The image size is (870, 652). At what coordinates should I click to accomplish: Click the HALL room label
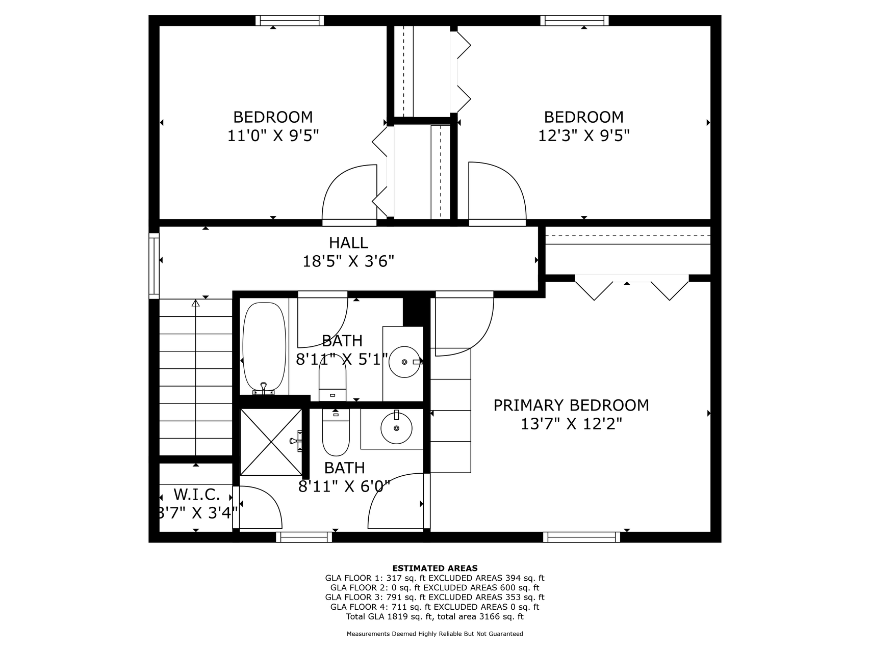(x=348, y=242)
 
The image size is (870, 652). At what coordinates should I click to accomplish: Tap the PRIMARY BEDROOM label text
(x=571, y=405)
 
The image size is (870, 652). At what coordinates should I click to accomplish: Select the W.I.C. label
(x=197, y=494)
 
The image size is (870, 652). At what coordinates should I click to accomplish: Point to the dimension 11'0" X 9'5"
(x=273, y=136)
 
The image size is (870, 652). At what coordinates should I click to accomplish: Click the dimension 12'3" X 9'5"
(x=584, y=136)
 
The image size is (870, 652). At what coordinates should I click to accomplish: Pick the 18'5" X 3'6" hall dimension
(x=348, y=262)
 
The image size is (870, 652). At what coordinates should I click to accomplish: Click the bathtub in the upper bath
(x=264, y=348)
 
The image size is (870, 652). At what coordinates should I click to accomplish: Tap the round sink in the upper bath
(x=405, y=362)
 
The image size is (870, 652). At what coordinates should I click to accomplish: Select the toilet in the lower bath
(x=336, y=433)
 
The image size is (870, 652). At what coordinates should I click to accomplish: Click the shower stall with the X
(x=271, y=442)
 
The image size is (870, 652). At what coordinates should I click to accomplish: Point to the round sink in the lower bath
(x=396, y=428)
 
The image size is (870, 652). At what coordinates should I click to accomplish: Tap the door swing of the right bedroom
(x=497, y=194)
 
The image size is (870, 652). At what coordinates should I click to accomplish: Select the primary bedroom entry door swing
(x=464, y=323)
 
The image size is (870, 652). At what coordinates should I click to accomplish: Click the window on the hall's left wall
(x=154, y=265)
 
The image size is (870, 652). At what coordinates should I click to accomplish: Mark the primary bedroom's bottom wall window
(x=581, y=537)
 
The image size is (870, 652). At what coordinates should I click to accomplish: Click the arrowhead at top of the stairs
(x=195, y=303)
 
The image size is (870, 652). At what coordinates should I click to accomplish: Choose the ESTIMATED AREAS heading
(x=435, y=568)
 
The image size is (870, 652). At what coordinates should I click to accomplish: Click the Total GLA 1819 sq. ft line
(x=435, y=616)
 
